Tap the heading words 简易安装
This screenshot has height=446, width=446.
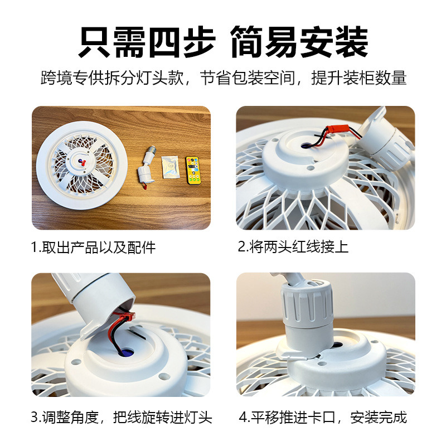coord(298,41)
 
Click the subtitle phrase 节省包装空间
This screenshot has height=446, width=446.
coord(246,78)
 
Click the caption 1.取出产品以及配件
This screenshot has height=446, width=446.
coord(93,247)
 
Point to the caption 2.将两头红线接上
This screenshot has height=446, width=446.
coord(293,247)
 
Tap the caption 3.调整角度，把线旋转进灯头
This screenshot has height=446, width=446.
coord(122,416)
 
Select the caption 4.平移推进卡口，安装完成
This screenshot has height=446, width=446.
coord(323,416)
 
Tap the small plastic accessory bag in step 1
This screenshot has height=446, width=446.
coord(169,167)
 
